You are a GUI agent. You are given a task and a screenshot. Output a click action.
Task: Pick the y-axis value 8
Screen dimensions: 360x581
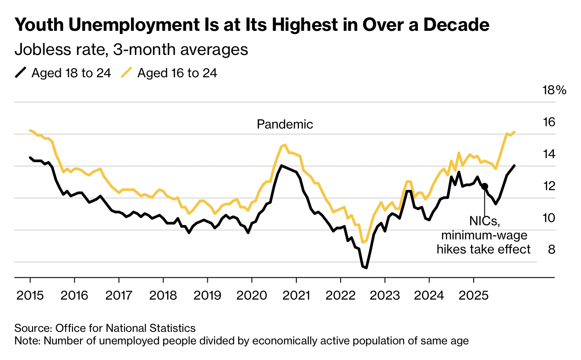(x=552, y=249)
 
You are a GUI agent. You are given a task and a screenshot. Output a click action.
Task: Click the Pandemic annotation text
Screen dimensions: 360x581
(x=285, y=124)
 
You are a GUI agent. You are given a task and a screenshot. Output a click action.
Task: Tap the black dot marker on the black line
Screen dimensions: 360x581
(x=484, y=186)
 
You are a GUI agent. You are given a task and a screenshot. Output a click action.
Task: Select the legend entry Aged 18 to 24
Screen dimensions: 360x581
(x=71, y=73)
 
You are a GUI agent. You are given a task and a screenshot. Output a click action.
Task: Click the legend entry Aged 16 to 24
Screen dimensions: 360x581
(x=177, y=73)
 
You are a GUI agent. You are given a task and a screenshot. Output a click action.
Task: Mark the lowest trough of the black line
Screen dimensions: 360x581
(x=366, y=268)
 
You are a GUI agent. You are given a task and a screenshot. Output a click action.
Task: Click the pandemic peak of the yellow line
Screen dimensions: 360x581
(x=285, y=145)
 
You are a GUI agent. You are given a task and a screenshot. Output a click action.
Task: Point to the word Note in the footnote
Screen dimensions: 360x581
(x=25, y=341)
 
